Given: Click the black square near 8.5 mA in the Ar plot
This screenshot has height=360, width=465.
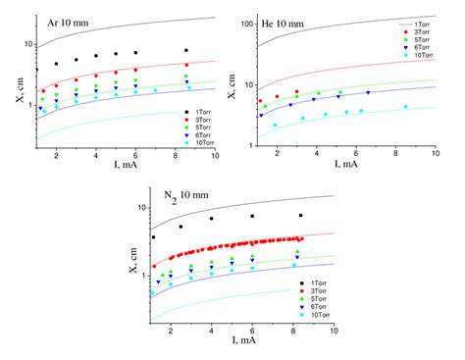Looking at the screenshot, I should point(186,50).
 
